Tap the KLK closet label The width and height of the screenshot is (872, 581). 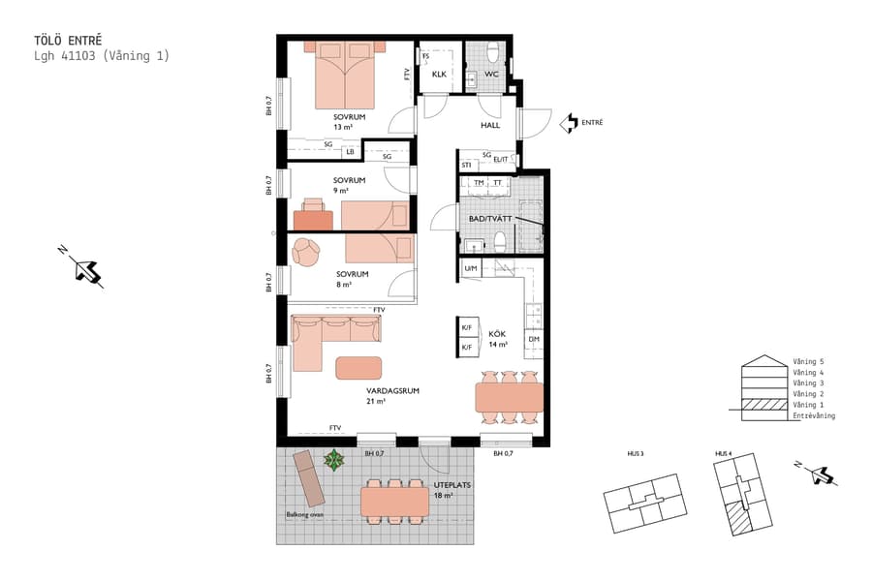[439, 75]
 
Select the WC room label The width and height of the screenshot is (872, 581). [491, 75]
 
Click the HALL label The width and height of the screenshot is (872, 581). [490, 126]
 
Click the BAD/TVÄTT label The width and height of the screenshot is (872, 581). [491, 219]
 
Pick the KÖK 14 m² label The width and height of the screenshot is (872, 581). [498, 339]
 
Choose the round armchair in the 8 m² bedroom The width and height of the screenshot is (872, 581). [307, 252]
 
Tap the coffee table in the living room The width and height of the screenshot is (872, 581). [359, 368]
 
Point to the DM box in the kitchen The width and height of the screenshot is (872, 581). [533, 341]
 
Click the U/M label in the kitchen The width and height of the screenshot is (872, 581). [471, 268]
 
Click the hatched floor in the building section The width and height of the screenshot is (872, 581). [763, 406]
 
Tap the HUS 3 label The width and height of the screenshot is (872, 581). [635, 454]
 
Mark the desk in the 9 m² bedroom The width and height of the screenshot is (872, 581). [313, 215]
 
